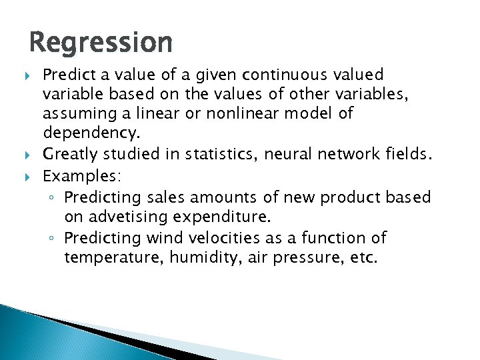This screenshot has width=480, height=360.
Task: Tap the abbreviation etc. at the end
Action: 362,257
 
